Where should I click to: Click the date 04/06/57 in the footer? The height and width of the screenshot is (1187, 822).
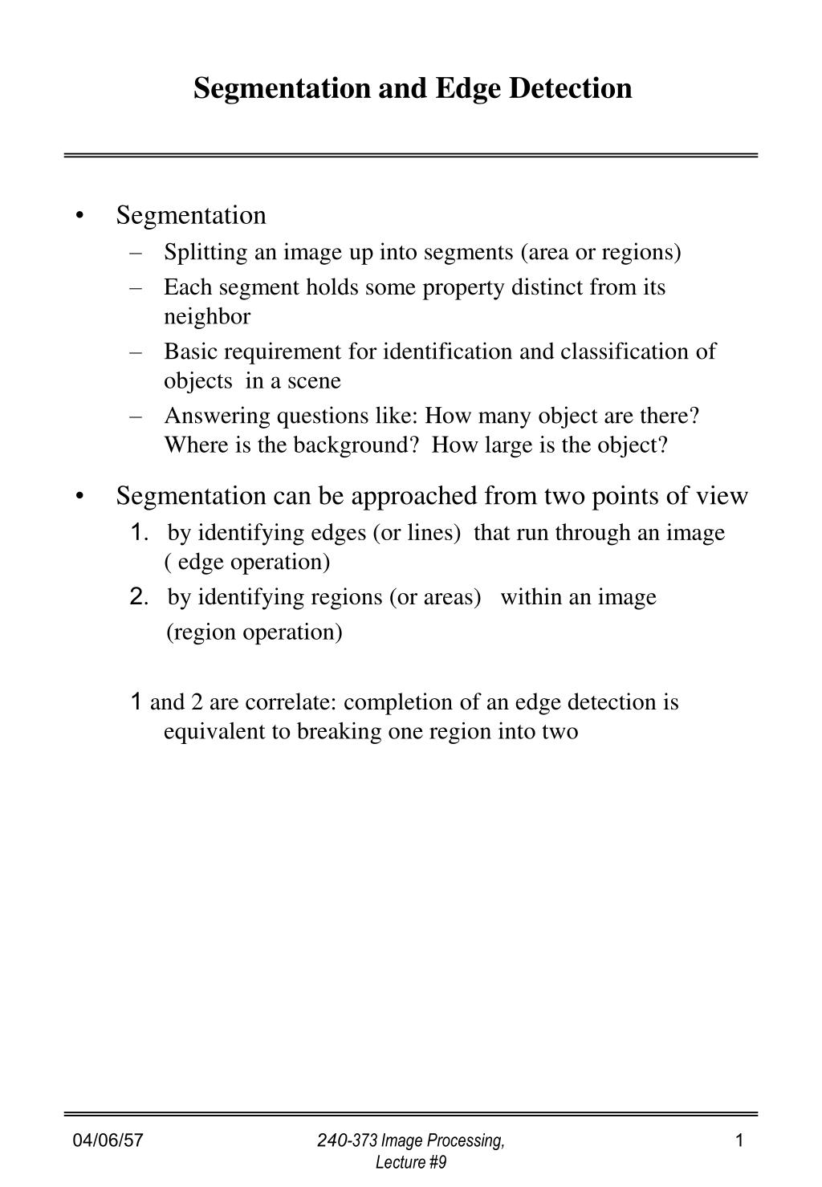click(x=108, y=1140)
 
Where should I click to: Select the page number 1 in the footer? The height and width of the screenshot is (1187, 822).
click(x=739, y=1140)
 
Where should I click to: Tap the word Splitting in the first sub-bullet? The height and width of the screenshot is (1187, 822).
click(x=205, y=252)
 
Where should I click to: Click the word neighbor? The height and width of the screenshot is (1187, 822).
click(x=207, y=316)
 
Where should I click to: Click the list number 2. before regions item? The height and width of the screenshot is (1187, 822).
click(x=138, y=596)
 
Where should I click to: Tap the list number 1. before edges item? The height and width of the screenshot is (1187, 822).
click(x=138, y=532)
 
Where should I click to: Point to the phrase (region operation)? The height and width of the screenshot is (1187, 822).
click(x=254, y=632)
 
